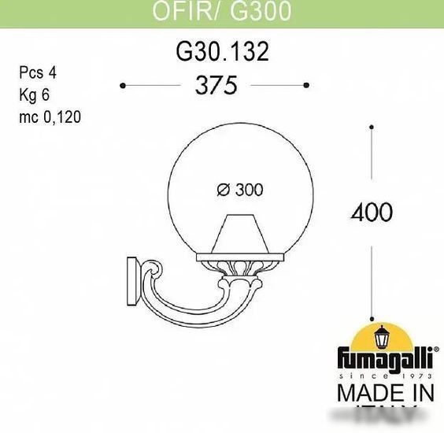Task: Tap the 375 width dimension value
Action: (x=215, y=85)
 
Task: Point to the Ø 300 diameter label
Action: (x=239, y=189)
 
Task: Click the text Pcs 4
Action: (x=37, y=72)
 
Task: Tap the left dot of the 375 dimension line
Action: (x=123, y=84)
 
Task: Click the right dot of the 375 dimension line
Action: (x=306, y=84)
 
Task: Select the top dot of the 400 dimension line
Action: (x=372, y=124)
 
